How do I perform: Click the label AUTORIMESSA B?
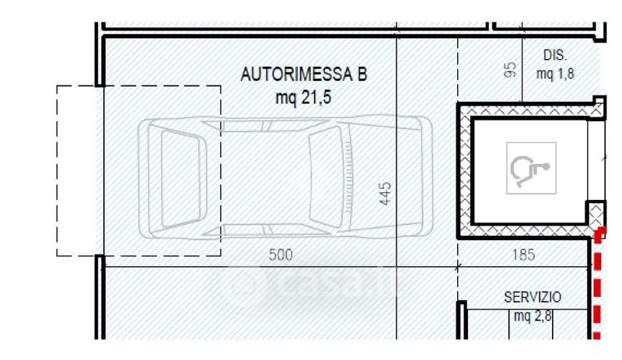[304, 74]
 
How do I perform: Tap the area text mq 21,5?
[303, 97]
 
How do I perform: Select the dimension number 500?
[281, 255]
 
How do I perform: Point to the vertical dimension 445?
[385, 194]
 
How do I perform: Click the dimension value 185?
[523, 255]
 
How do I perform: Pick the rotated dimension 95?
[511, 69]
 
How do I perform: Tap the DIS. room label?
[555, 55]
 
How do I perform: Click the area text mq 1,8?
[555, 74]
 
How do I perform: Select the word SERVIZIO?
[533, 297]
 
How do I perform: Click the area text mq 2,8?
[533, 316]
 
